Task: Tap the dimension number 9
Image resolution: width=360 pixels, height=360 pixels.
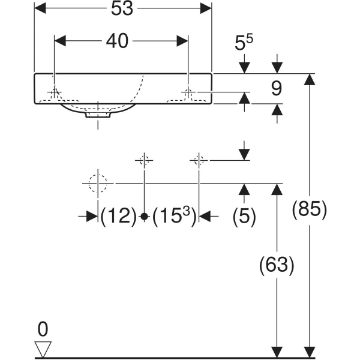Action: click(x=276, y=89)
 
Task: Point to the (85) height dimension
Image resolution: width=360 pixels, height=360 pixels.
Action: click(x=310, y=210)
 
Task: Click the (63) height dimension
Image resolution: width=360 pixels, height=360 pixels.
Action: click(x=277, y=265)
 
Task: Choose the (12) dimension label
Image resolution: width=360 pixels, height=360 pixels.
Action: click(x=118, y=216)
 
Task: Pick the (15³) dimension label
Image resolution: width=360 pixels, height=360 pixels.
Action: click(x=174, y=216)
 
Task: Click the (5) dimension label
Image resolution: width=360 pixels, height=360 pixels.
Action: click(x=244, y=216)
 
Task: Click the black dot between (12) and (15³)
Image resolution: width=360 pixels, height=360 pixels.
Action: click(x=144, y=217)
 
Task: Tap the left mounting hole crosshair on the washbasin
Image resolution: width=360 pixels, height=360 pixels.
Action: click(x=55, y=92)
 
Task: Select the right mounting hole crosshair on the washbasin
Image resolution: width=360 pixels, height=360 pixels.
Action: click(x=188, y=92)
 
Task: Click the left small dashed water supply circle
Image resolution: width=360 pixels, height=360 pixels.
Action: click(x=144, y=160)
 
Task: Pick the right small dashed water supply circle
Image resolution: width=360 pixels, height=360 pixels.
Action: click(x=199, y=160)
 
